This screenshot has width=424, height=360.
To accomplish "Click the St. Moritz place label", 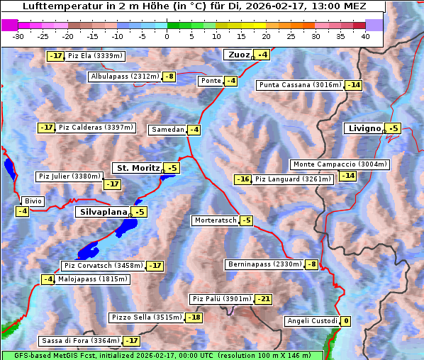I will click(x=138, y=168).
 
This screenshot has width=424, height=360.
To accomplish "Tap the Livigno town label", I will click(x=364, y=128).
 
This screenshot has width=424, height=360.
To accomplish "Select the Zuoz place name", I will click(x=238, y=55).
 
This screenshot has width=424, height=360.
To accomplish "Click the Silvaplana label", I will click(x=103, y=212).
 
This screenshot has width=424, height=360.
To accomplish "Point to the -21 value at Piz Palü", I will click(x=263, y=299).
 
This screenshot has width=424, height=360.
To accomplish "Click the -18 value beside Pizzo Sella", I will click(x=194, y=317).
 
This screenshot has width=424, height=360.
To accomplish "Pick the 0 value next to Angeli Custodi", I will click(x=345, y=321).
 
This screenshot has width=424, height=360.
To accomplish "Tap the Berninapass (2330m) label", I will click(x=264, y=264).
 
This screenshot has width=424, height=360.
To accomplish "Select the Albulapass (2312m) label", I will click(x=125, y=77).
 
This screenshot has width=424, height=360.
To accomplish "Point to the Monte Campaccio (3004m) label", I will click(x=340, y=164).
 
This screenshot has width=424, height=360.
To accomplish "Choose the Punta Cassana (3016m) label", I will click(x=300, y=85).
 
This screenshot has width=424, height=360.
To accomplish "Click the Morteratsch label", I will click(x=215, y=220).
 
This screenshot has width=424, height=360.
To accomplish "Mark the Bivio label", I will click(x=33, y=201).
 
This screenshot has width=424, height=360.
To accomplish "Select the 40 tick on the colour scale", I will click(x=365, y=35).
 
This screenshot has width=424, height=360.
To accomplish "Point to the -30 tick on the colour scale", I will click(x=18, y=35).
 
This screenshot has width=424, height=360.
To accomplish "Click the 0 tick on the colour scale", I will click(x=167, y=35).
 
